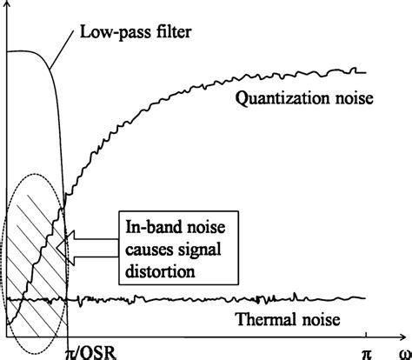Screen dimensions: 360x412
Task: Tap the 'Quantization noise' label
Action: coord(304,99)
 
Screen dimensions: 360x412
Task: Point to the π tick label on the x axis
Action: coord(367,349)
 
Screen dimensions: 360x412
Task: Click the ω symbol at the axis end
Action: coord(404,349)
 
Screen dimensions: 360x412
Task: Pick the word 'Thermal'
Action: coord(261,319)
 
